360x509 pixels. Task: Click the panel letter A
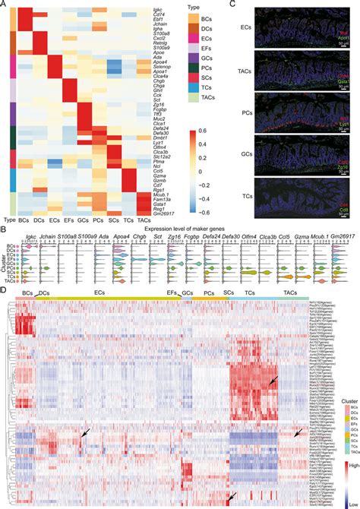click(4, 5)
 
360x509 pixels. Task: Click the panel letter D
click(4, 286)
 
